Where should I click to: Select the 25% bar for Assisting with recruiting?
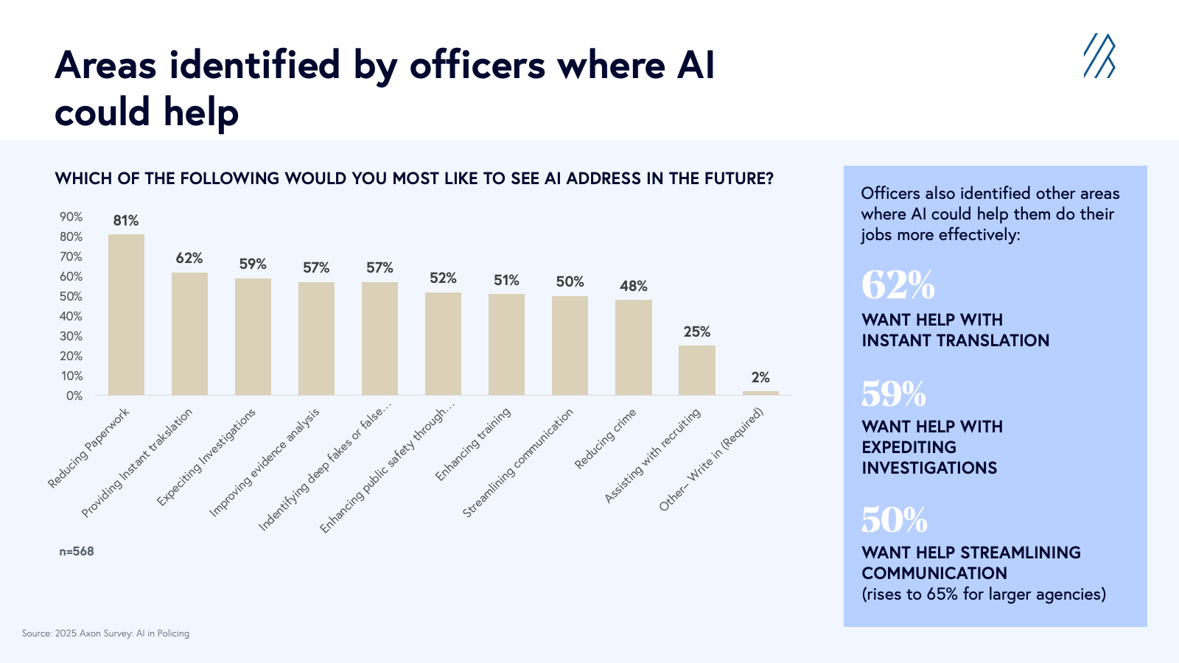click(x=696, y=371)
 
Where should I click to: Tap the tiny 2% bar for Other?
click(x=760, y=393)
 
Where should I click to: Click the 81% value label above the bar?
click(x=126, y=220)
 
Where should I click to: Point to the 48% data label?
click(x=633, y=286)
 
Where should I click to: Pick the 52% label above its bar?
click(x=443, y=278)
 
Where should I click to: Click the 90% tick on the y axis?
click(x=71, y=217)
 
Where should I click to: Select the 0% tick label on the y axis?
click(x=74, y=396)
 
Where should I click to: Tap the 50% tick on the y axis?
click(x=71, y=296)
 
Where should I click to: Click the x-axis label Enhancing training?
click(x=473, y=444)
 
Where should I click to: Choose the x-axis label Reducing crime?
click(x=605, y=439)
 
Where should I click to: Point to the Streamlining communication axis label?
click(x=518, y=463)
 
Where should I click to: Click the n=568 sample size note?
click(x=77, y=551)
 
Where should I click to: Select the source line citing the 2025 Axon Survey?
click(x=105, y=634)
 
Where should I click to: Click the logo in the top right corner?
click(x=1099, y=55)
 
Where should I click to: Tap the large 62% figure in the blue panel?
click(x=898, y=285)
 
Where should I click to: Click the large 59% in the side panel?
click(x=893, y=394)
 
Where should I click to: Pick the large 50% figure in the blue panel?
click(x=894, y=519)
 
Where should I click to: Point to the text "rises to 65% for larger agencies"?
click(x=984, y=594)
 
